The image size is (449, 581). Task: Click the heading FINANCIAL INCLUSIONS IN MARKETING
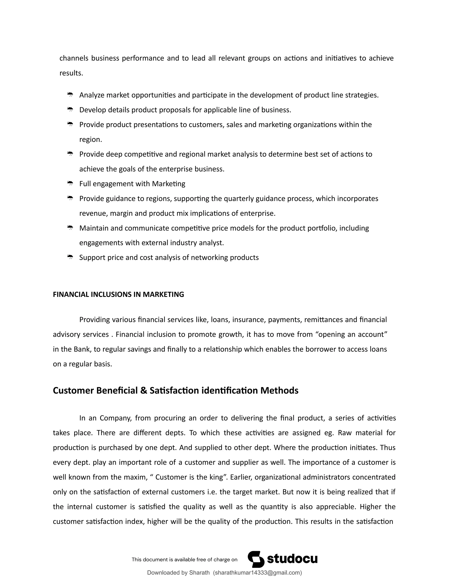(118, 294)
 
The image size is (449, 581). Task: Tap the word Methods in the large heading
(279, 390)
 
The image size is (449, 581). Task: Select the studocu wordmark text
(292, 559)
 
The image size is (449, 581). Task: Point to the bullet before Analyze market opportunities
(70, 95)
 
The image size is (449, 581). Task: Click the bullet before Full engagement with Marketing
(70, 183)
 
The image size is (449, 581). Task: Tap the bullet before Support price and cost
(70, 257)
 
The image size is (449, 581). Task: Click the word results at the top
(71, 73)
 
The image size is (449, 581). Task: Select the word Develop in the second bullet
(93, 110)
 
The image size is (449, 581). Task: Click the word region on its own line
(90, 140)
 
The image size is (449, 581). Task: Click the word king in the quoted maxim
(216, 477)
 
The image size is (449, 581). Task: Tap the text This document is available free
(184, 560)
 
